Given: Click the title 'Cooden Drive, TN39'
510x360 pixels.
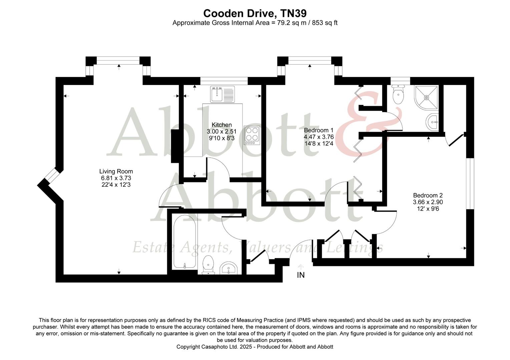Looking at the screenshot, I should [x=255, y=13].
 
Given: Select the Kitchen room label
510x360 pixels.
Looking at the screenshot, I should [x=221, y=125].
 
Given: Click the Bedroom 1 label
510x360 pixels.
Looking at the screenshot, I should [x=319, y=130].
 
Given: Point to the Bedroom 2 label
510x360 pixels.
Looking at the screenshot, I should [x=428, y=195].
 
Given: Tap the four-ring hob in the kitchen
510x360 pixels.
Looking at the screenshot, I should [x=252, y=135].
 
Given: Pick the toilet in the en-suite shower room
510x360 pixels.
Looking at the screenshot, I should [x=398, y=94].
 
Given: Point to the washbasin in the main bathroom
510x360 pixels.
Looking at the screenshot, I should [x=228, y=268].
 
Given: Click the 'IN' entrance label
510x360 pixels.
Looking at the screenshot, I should [x=301, y=275].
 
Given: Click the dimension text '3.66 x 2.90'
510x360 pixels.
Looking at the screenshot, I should [x=428, y=202].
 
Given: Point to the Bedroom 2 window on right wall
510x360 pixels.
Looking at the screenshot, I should [x=470, y=183].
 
